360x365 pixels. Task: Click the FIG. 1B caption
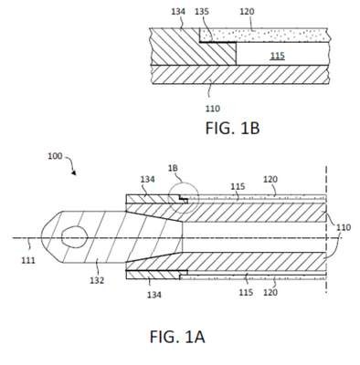232,128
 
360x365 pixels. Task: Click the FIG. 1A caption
177,337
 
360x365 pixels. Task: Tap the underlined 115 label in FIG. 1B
278,56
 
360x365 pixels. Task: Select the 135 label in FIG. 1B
202,12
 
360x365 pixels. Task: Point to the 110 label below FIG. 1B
212,109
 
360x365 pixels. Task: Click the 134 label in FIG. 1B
178,12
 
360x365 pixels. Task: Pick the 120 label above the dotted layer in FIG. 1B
247,12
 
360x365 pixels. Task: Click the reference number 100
55,156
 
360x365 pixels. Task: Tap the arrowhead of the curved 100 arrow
74,172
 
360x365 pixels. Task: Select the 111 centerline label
28,260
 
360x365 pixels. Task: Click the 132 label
97,280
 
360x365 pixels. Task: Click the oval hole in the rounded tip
75,237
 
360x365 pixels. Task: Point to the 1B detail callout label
173,168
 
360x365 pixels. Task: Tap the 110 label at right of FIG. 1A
344,227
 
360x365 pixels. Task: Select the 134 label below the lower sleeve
154,295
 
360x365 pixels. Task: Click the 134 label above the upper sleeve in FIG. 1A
147,180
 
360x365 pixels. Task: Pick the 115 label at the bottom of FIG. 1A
246,292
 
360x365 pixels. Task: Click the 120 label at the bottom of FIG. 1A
270,292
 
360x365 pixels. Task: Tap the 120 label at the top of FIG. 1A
270,180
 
